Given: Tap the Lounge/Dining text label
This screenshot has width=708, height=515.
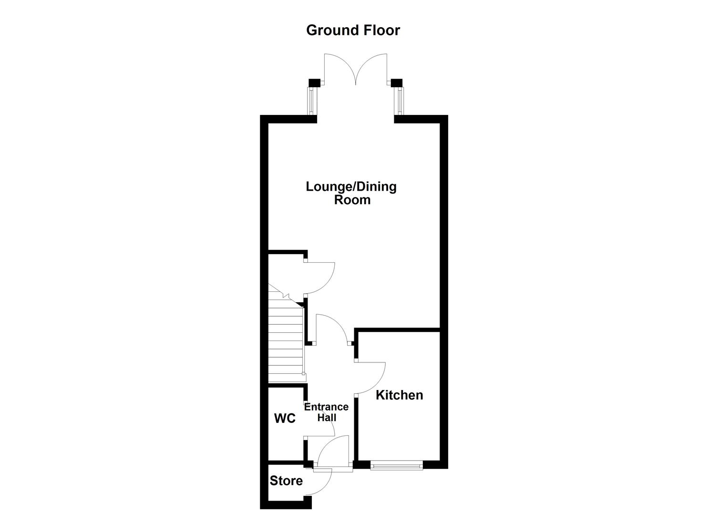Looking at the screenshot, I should (x=351, y=186).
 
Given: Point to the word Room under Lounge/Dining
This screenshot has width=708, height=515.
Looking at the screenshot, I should (x=352, y=200).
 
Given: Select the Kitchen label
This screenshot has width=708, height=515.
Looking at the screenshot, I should (x=399, y=395).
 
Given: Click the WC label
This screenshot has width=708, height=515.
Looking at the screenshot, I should (x=285, y=419).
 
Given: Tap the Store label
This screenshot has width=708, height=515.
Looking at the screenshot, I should (x=286, y=481).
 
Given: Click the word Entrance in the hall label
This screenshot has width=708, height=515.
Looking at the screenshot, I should (x=326, y=407).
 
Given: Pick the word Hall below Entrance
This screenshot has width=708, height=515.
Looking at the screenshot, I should (x=327, y=418).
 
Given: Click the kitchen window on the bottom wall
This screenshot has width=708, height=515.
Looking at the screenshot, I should (x=397, y=465).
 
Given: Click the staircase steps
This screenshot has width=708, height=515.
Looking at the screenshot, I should (x=285, y=343).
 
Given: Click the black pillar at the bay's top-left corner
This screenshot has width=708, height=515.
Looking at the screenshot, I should (x=314, y=83).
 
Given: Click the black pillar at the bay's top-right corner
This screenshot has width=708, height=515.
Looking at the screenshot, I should (x=397, y=83).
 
